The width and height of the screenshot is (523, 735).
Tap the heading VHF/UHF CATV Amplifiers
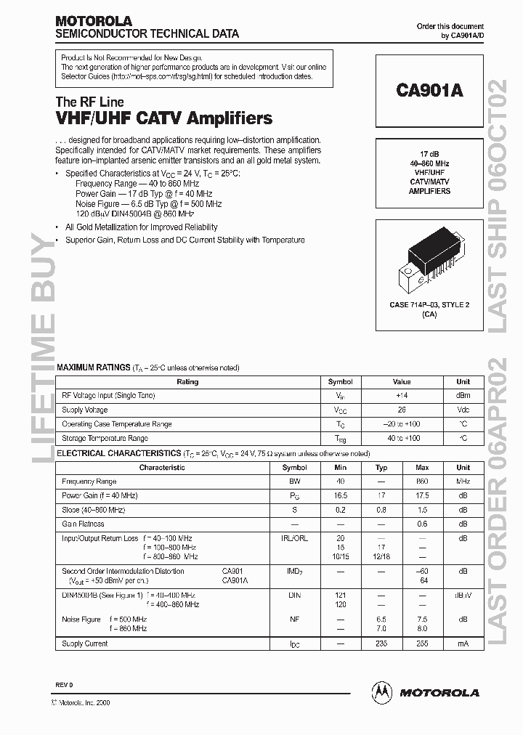pos(164,118)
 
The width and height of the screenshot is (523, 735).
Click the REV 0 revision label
pos(64,686)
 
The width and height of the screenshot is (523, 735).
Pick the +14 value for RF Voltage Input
pos(402,395)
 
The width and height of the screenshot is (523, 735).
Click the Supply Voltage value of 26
pos(402,410)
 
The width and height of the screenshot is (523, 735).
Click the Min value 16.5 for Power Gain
pos(340,495)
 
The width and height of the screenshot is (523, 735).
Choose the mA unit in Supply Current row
pos(463,643)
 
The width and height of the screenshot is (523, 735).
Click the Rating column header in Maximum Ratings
pos(187,381)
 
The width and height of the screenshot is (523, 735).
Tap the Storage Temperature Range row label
pos(105,438)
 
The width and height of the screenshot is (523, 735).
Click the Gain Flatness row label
pos(83,524)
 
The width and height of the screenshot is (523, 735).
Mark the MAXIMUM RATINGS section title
pos(93,368)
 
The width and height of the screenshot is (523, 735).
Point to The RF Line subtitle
pos(89,102)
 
